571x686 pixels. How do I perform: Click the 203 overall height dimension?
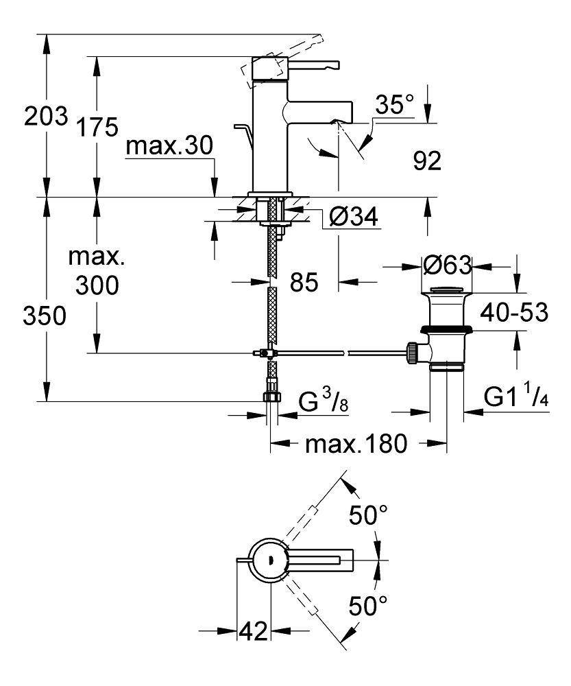[x=45, y=116]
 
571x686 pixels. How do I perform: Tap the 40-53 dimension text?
[x=513, y=312]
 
